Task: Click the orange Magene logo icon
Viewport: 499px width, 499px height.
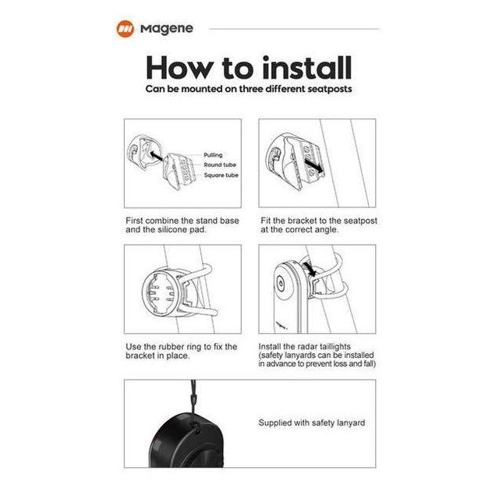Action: tap(125, 29)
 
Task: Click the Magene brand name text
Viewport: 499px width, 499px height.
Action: tap(167, 29)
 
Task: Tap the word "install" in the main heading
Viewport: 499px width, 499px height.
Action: tap(307, 68)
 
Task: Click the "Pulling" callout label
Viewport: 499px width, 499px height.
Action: tap(213, 155)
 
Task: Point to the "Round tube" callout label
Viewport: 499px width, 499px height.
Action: tap(220, 165)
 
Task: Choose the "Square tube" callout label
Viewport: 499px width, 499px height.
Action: tap(221, 175)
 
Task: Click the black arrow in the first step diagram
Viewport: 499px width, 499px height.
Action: tap(156, 156)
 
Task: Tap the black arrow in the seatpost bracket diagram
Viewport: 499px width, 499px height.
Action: tap(313, 166)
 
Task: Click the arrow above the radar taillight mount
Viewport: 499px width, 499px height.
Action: tap(310, 268)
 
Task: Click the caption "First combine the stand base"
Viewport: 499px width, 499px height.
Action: tap(182, 221)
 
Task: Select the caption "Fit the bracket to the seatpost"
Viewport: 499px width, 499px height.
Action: tap(319, 221)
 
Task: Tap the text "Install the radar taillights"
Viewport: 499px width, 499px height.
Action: tap(305, 346)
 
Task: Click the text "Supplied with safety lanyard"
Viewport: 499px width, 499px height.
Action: tap(312, 423)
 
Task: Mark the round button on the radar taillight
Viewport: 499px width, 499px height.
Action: tap(281, 282)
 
